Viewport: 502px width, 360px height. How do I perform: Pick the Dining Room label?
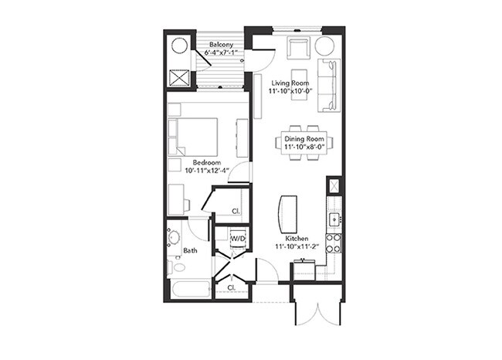point(304,138)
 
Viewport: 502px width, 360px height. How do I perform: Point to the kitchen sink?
point(334,219)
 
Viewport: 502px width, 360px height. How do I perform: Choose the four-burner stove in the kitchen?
point(334,243)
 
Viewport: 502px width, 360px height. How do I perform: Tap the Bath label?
point(190,250)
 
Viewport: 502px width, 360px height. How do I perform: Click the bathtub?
point(189,290)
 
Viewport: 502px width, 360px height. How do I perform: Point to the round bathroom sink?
point(175,236)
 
